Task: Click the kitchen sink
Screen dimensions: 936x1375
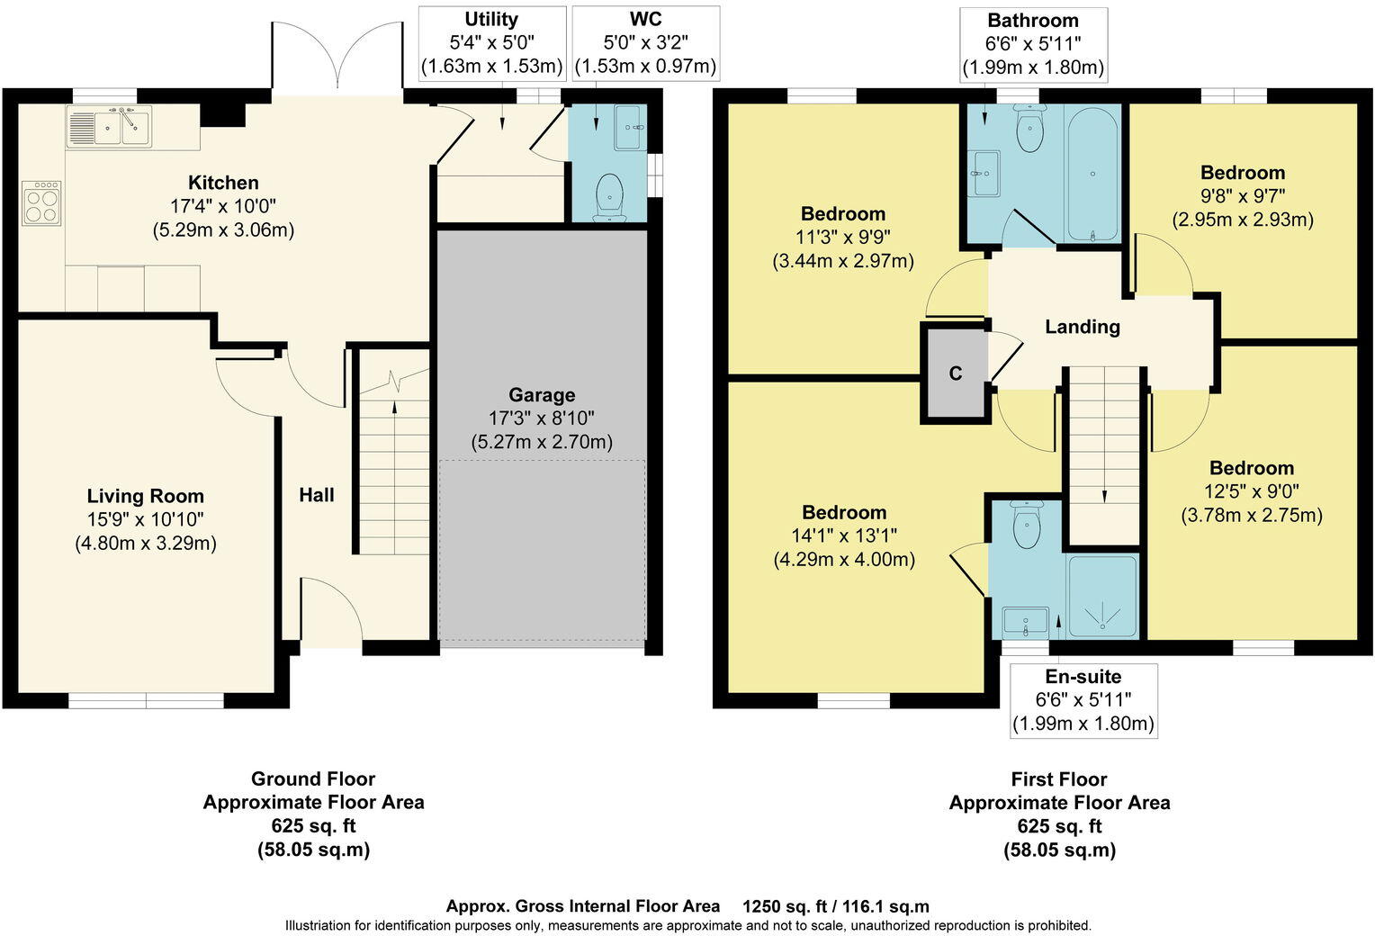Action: (x=109, y=127)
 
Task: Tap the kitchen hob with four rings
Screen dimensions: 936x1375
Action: (x=41, y=202)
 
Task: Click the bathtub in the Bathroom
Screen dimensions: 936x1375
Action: (x=1092, y=173)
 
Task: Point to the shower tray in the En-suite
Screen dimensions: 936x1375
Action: (x=1102, y=597)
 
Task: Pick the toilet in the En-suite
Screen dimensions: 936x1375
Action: (x=1026, y=526)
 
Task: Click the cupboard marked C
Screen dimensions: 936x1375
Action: (x=956, y=373)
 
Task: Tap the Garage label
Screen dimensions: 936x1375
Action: (x=542, y=395)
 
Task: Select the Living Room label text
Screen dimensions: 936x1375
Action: (x=146, y=496)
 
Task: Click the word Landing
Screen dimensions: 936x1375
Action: (x=1082, y=327)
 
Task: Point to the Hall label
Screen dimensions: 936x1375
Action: (x=317, y=495)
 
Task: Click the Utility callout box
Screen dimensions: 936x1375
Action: (x=491, y=42)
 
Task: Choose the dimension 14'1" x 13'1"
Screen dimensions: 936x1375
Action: (x=844, y=536)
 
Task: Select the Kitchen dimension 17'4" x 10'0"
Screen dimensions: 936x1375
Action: (x=223, y=206)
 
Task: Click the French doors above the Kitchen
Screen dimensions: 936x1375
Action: (x=337, y=58)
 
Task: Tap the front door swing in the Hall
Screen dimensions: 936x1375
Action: (x=331, y=612)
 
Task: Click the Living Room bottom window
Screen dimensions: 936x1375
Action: (x=146, y=701)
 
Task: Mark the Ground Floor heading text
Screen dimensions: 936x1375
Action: (x=312, y=779)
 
